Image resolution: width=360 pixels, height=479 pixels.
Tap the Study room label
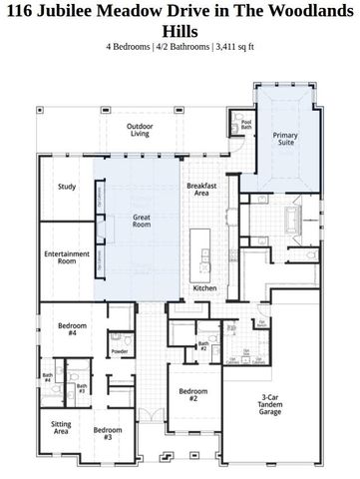coord(67,187)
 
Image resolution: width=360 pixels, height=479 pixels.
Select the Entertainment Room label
coord(67,257)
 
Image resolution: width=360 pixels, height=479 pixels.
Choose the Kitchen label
coord(203,288)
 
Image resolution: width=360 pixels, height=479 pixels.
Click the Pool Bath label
coord(246,126)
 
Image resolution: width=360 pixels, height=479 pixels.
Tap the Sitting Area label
coord(61,428)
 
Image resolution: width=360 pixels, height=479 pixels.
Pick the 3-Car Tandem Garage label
coord(269,403)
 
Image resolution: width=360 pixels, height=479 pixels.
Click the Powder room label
coord(119,351)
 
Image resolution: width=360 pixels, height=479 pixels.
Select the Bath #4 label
coord(47,379)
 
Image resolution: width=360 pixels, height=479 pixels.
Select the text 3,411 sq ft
coord(231,46)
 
